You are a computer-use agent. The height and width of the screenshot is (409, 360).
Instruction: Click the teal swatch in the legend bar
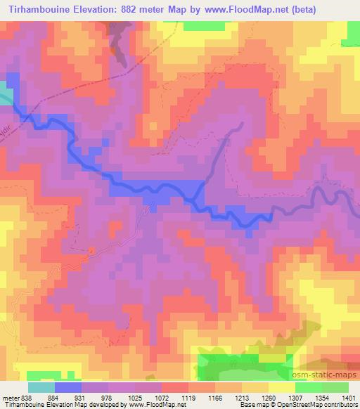tap(41, 387)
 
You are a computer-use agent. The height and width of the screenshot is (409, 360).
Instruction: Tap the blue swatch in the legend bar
tap(68, 387)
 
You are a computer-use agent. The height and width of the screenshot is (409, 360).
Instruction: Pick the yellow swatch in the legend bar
tap(282, 387)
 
